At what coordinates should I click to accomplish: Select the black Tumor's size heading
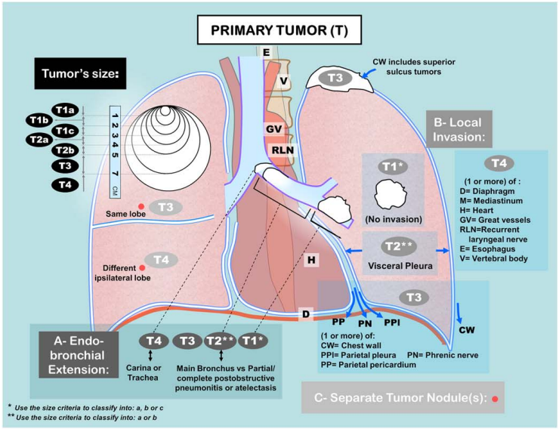coord(79,75)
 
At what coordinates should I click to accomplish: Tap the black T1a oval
coord(66,111)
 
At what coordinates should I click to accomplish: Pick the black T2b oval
coord(65,151)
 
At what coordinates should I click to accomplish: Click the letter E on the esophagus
coord(266,52)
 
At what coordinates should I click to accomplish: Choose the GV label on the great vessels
coord(273,129)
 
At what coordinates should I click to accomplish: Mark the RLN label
coord(282,150)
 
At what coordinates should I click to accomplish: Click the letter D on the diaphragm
coord(305,313)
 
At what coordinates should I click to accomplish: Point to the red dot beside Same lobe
coord(141,206)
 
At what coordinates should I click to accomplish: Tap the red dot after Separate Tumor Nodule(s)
coord(495,398)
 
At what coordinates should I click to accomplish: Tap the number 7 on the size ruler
coord(116,174)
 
